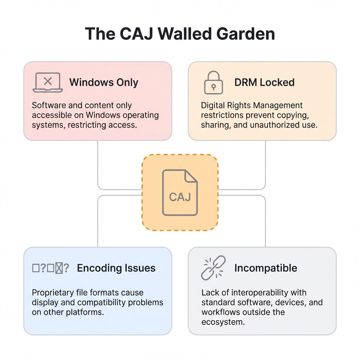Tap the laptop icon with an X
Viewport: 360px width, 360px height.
47,82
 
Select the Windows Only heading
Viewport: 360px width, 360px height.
104,83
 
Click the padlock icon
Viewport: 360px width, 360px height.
213,83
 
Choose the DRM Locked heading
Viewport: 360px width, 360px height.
264,83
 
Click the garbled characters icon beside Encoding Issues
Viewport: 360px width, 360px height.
50,268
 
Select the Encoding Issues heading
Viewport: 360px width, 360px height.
116,268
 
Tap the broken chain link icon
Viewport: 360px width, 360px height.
213,268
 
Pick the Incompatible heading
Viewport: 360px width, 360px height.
265,268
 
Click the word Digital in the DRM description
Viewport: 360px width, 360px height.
212,105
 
